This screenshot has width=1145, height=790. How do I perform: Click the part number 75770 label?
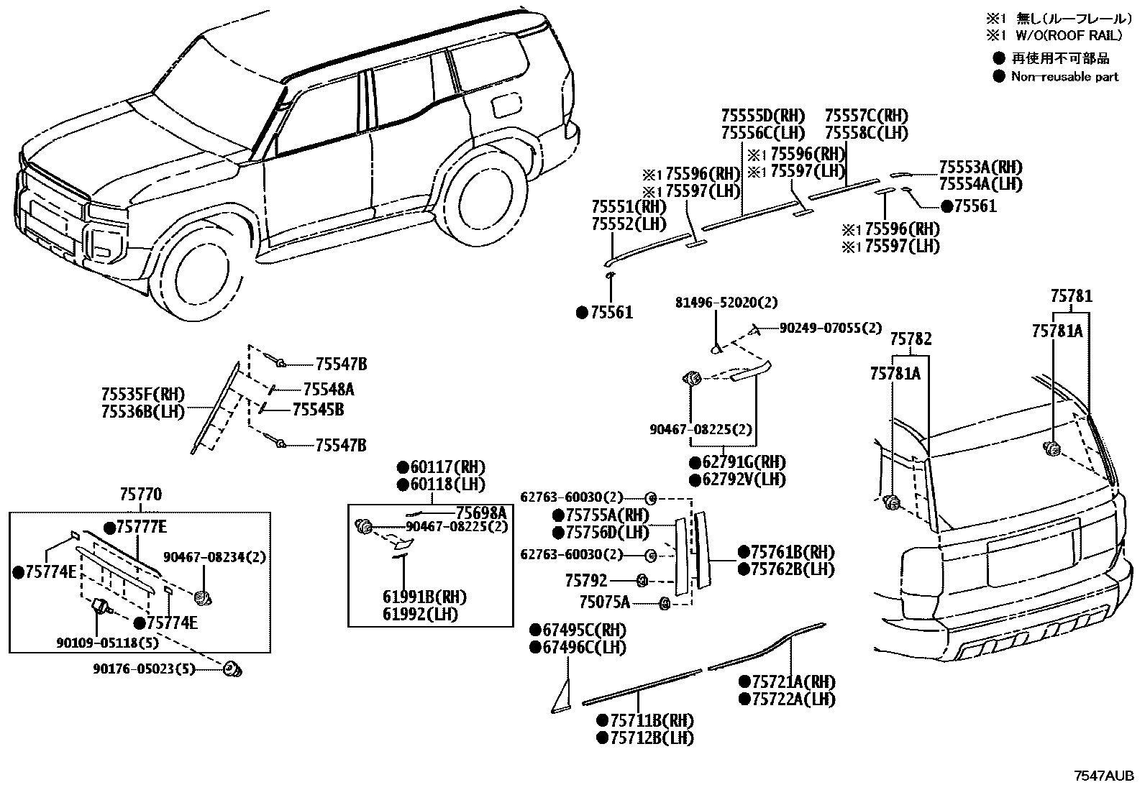point(141,494)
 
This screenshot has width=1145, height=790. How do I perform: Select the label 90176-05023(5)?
point(144,669)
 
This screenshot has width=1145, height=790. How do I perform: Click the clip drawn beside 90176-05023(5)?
point(232,669)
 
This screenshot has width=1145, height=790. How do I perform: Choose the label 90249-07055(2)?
point(830,328)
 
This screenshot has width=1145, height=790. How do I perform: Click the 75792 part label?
point(586,579)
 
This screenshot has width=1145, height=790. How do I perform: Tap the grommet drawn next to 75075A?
point(665,603)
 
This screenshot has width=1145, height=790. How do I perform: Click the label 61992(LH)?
point(420,615)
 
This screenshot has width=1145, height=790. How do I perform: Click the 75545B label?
point(317,410)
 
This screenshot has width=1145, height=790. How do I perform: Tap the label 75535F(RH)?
point(142,394)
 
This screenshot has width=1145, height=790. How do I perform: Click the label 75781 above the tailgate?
point(1070,295)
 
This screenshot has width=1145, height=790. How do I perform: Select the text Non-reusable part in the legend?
point(1064,76)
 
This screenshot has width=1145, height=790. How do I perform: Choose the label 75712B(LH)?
point(645,738)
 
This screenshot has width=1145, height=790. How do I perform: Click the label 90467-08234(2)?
point(204,556)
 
